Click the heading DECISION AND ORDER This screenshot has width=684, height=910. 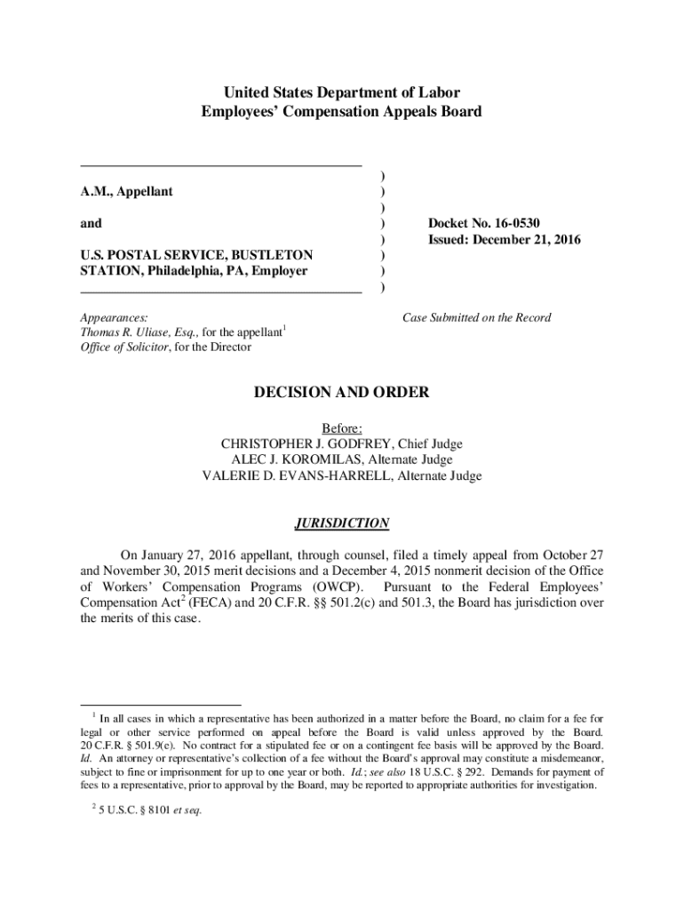point(342,392)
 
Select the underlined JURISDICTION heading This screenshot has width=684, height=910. point(342,523)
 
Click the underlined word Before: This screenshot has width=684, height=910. point(342,427)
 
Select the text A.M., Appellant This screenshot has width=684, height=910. point(126,191)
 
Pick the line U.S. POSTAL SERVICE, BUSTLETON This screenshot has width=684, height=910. point(196,255)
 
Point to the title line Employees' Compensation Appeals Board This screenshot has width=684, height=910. point(342,111)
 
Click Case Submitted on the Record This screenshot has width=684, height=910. point(476,317)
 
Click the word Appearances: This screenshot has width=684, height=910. point(114,317)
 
